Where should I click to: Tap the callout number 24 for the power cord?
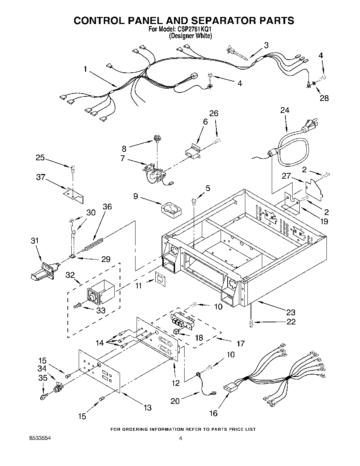[x=284, y=110]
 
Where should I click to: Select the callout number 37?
[x=41, y=177]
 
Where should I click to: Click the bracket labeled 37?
[x=73, y=194]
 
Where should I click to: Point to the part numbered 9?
[x=171, y=209]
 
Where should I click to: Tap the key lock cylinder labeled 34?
[x=57, y=389]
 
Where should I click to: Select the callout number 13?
[x=148, y=408]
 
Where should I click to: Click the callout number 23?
[x=291, y=312]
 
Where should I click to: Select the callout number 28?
[x=324, y=98]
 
